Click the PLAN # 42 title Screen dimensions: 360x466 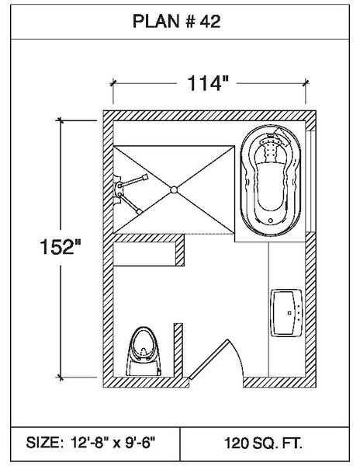pyautogui.click(x=176, y=22)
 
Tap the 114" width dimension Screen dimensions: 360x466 pyautogui.click(x=208, y=83)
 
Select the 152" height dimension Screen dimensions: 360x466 pyautogui.click(x=61, y=246)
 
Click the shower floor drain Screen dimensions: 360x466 pyautogui.click(x=174, y=190)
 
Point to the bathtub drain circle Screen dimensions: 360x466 pyautogui.click(x=270, y=221)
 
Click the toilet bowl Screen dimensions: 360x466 pyautogui.click(x=144, y=344)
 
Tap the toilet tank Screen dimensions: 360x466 pyautogui.click(x=144, y=368)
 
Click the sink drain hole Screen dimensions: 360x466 pyautogui.click(x=289, y=313)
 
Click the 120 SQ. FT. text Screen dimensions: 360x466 pyautogui.click(x=263, y=443)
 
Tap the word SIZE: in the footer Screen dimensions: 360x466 pyautogui.click(x=44, y=443)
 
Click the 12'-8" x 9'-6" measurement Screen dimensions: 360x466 pyautogui.click(x=112, y=443)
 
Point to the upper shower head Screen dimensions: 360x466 pyautogui.click(x=144, y=177)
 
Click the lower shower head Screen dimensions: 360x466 pyautogui.click(x=139, y=211)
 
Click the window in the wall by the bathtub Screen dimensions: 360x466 pyautogui.click(x=310, y=181)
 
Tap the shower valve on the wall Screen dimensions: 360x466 pyautogui.click(x=117, y=190)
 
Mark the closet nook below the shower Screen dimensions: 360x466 pyautogui.click(x=144, y=254)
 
